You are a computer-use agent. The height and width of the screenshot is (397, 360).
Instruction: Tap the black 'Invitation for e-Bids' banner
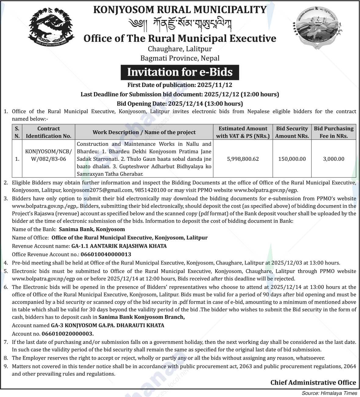point(180,72)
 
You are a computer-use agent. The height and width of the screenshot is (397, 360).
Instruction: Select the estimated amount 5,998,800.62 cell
point(243,159)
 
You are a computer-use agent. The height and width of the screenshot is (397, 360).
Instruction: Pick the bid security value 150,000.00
point(292,159)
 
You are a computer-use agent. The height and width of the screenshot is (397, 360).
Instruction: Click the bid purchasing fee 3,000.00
point(334,159)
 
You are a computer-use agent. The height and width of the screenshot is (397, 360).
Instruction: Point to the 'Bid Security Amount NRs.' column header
point(292,132)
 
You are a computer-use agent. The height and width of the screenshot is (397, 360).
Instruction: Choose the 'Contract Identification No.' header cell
point(48,132)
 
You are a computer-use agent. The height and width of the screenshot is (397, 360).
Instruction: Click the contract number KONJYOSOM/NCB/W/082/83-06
point(48,155)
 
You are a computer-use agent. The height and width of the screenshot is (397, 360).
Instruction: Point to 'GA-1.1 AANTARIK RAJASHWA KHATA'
point(119,246)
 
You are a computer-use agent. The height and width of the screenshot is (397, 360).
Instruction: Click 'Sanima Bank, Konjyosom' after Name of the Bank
point(92,229)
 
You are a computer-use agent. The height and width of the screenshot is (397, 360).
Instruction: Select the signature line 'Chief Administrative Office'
point(313,382)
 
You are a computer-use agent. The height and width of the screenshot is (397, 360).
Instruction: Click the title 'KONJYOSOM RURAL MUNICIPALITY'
point(180,9)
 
